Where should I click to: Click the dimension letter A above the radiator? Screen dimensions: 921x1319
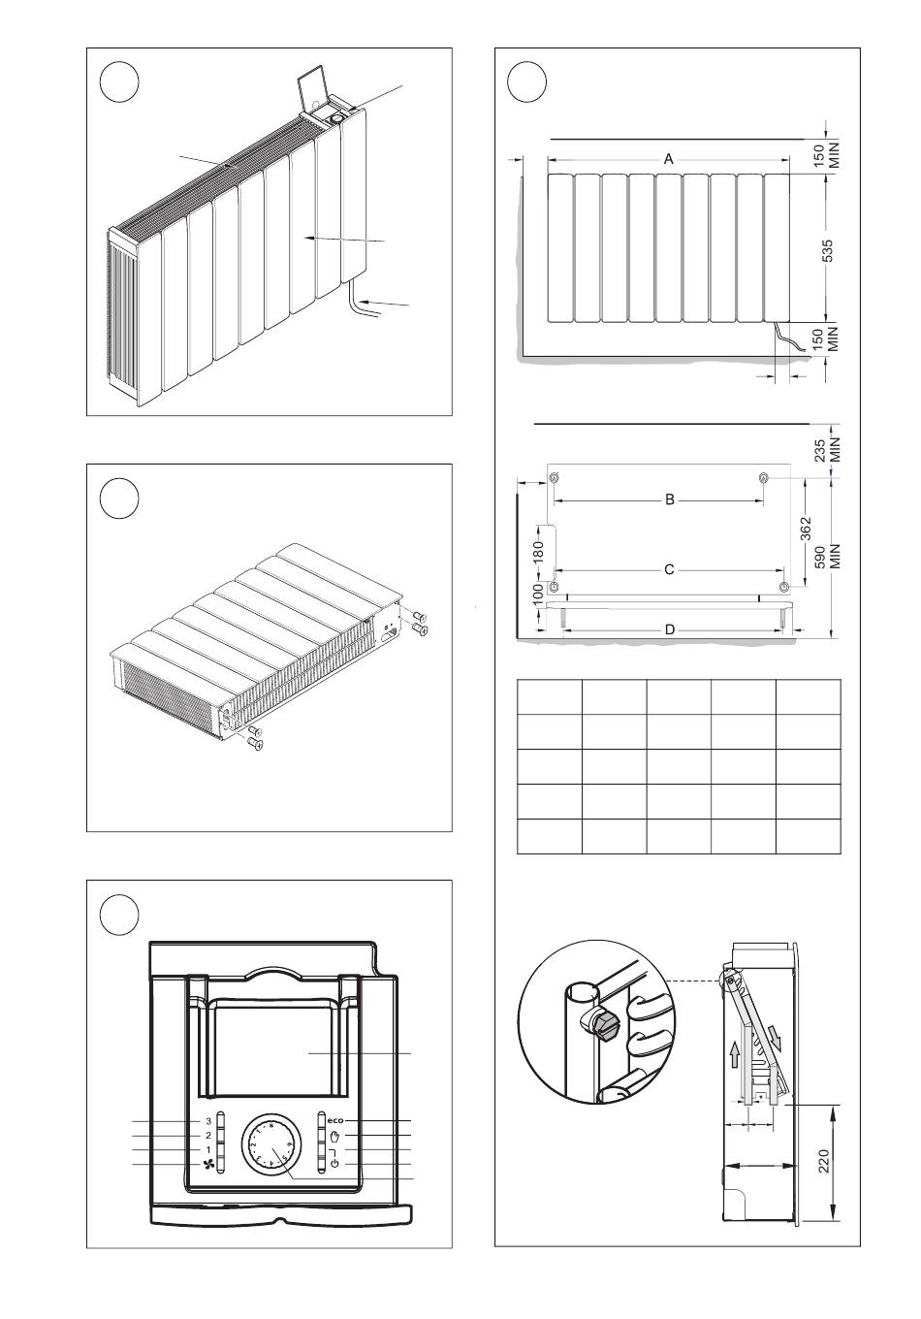(x=669, y=159)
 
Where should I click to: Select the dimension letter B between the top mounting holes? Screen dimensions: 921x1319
(x=669, y=500)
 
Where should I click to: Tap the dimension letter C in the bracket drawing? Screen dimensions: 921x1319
(x=669, y=569)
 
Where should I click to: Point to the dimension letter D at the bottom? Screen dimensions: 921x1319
(x=669, y=629)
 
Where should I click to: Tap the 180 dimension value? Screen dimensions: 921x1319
(x=539, y=550)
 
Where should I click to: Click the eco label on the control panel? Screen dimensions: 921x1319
(x=336, y=1121)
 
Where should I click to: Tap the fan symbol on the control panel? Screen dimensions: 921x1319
(x=207, y=1164)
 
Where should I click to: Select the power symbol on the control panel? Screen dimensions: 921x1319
(x=334, y=1164)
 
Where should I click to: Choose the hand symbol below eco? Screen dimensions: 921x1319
(x=335, y=1136)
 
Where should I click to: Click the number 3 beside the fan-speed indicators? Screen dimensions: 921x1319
(x=207, y=1121)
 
